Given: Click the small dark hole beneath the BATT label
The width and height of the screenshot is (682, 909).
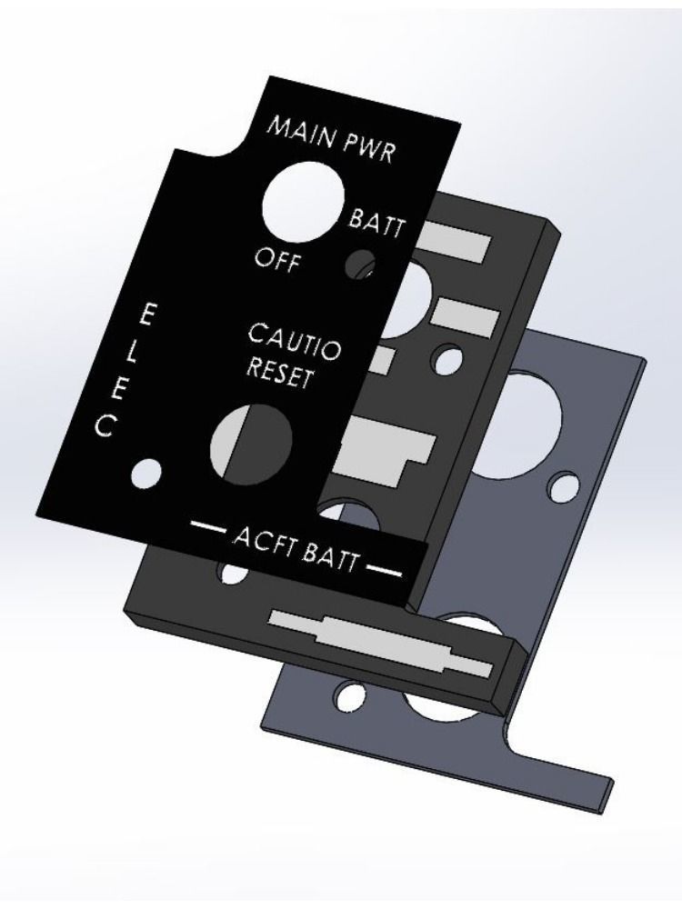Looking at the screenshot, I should coord(360,265).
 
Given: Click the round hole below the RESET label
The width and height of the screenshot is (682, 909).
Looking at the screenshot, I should coord(251,443).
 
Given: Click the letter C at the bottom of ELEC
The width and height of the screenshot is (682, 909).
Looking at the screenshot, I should coord(105,425).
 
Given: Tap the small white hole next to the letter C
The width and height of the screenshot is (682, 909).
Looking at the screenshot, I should coord(146,473).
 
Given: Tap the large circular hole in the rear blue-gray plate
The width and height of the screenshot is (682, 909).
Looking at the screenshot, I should coord(523,422).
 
